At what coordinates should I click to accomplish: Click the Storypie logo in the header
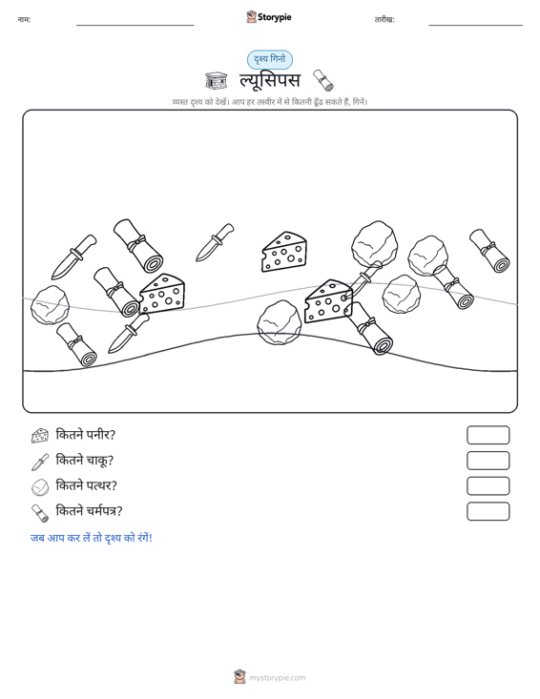pyautogui.click(x=269, y=17)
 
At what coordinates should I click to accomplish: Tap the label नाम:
pyautogui.click(x=24, y=20)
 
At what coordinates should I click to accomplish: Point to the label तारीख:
pyautogui.click(x=384, y=20)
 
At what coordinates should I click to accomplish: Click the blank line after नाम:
pyautogui.click(x=135, y=25)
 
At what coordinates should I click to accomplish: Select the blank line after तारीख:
pyautogui.click(x=475, y=25)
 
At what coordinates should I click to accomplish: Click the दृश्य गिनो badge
pyautogui.click(x=270, y=59)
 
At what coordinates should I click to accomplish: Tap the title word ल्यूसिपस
pyautogui.click(x=270, y=80)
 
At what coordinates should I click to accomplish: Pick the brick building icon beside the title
pyautogui.click(x=216, y=80)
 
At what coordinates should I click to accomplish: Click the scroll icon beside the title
pyautogui.click(x=323, y=80)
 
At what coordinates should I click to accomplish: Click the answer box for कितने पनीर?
pyautogui.click(x=488, y=435)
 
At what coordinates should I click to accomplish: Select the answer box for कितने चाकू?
pyautogui.click(x=488, y=461)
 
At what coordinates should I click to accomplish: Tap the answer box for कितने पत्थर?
pyautogui.click(x=488, y=486)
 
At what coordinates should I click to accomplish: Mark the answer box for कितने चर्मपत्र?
pyautogui.click(x=488, y=511)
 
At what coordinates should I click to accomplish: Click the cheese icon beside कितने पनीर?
pyautogui.click(x=40, y=436)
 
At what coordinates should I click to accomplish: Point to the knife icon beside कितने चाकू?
pyautogui.click(x=40, y=462)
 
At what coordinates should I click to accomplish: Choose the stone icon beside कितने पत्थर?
pyautogui.click(x=40, y=487)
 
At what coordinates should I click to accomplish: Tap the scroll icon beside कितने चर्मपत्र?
pyautogui.click(x=40, y=513)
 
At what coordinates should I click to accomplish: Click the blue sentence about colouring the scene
pyautogui.click(x=92, y=538)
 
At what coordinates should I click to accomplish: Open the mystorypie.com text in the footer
pyautogui.click(x=277, y=678)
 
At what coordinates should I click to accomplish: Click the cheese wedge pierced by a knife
pyautogui.click(x=328, y=301)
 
